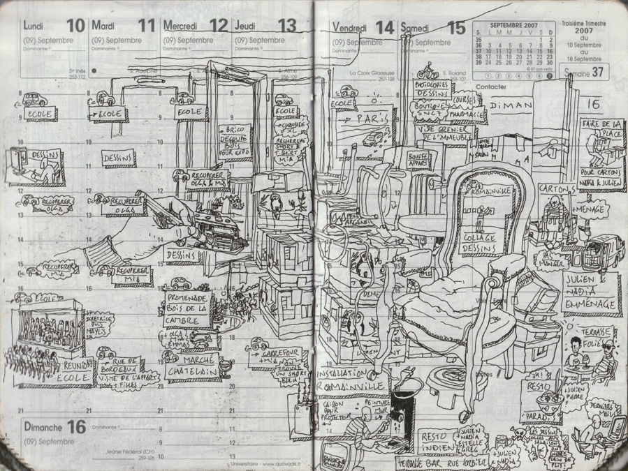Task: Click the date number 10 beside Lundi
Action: [x=75, y=27]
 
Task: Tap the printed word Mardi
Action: [x=103, y=26]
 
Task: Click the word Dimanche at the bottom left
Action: [x=43, y=427]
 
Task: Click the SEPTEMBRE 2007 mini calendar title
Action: [x=514, y=24]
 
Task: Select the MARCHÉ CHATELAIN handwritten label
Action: [x=190, y=365]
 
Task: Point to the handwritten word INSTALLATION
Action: [x=345, y=373]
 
